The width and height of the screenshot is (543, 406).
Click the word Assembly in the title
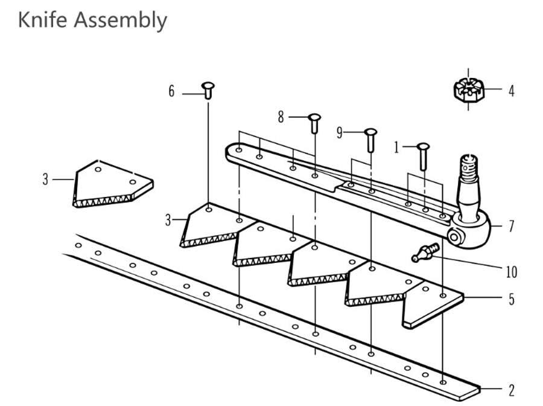120,21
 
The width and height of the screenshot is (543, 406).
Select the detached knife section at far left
112,183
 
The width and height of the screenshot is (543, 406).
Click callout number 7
511,227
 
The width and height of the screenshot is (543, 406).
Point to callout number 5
511,298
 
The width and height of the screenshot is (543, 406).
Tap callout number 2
511,390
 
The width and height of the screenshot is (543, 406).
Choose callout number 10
511,272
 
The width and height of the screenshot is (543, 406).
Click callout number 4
511,91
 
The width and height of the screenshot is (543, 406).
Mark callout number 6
171,91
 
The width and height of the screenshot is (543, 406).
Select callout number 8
281,117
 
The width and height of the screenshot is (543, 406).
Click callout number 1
396,147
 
